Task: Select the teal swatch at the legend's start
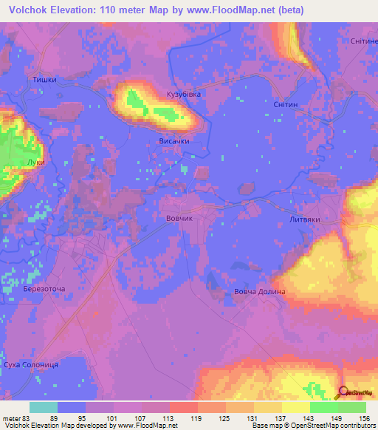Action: (44, 407)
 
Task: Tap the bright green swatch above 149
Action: (324, 407)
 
